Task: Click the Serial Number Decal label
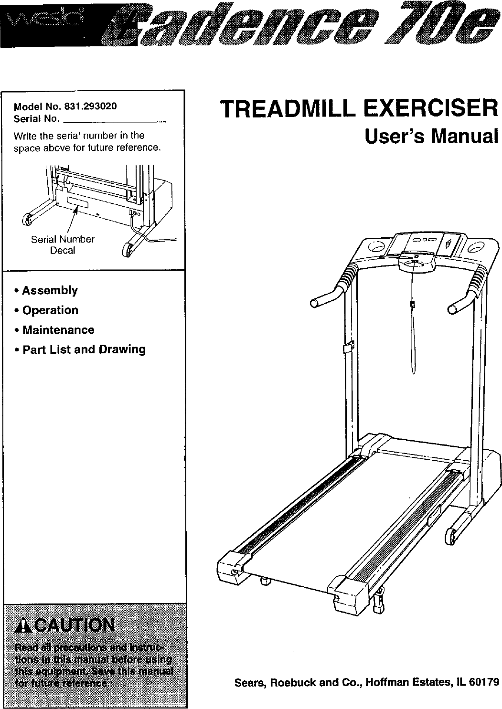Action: point(63,244)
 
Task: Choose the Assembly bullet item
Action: point(50,290)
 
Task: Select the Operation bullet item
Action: point(50,310)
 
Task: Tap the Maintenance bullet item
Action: point(58,330)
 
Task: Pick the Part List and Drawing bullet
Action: point(84,349)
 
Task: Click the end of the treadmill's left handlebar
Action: point(315,303)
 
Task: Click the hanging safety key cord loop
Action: point(413,344)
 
